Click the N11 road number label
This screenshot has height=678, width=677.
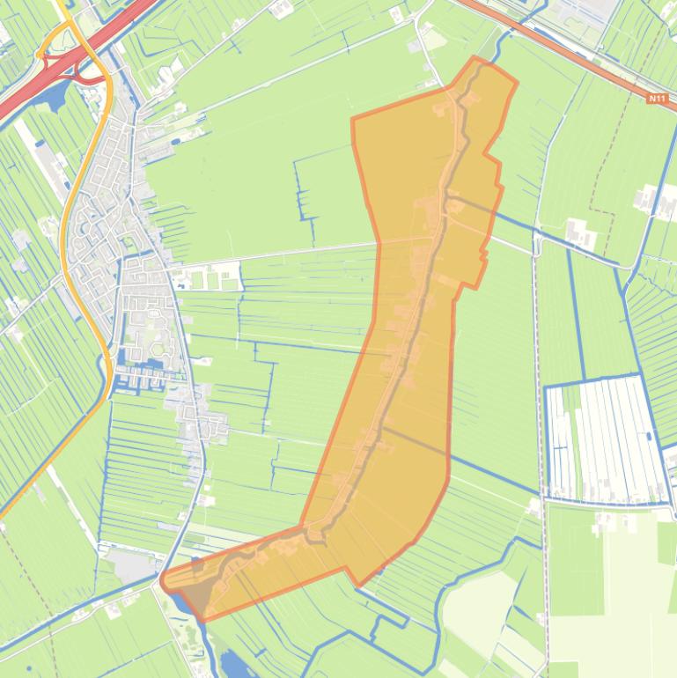[657, 99]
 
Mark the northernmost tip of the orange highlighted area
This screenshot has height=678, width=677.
[476, 59]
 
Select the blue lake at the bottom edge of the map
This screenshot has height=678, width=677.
[234, 665]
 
